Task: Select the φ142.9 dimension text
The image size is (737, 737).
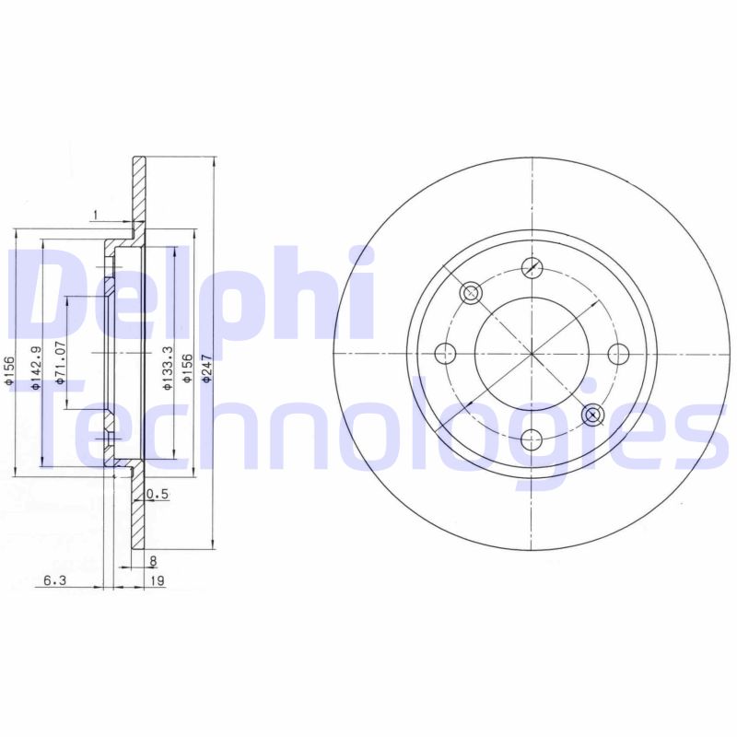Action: coord(35,368)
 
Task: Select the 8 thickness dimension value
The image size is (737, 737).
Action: coord(153,559)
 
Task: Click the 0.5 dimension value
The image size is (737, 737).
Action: coord(158,495)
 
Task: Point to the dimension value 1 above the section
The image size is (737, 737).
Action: coord(95,216)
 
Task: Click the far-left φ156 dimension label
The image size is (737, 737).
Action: coord(10,368)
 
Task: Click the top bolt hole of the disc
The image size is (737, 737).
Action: coord(532,268)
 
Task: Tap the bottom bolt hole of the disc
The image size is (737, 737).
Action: coord(532,440)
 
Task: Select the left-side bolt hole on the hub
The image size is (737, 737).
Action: coord(445,354)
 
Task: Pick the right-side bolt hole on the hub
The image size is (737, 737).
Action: coord(618,354)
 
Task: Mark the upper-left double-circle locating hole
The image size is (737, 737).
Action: coord(471,293)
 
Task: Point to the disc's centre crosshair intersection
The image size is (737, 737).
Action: coord(532,354)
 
